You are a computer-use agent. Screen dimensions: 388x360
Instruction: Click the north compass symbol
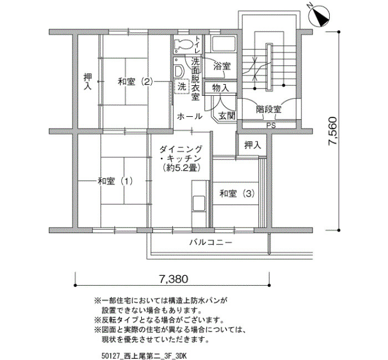pyautogui.click(x=319, y=16)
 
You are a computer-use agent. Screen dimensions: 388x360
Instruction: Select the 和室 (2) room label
pyautogui.click(x=135, y=81)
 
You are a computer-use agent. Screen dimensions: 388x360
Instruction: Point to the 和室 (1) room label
pyautogui.click(x=115, y=181)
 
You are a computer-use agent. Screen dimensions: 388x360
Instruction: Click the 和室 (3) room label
pyautogui.click(x=237, y=194)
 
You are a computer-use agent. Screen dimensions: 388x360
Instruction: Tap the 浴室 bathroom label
pyautogui.click(x=222, y=66)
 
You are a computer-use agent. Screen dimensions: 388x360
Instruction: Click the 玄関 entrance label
pyautogui.click(x=227, y=116)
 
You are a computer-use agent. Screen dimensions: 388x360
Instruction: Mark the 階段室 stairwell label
pyautogui.click(x=269, y=109)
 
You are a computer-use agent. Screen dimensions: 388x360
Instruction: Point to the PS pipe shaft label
pyautogui.click(x=271, y=126)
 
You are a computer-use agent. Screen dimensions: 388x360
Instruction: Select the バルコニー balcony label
pyautogui.click(x=211, y=242)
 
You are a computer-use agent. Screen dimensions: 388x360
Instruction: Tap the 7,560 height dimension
pyautogui.click(x=333, y=131)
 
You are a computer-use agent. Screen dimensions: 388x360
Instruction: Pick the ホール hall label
pyautogui.click(x=190, y=116)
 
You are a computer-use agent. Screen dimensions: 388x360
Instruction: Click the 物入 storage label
pyautogui.click(x=221, y=88)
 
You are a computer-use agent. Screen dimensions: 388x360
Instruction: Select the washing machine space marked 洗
pyautogui.click(x=181, y=86)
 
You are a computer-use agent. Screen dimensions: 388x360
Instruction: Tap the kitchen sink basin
pyautogui.click(x=199, y=203)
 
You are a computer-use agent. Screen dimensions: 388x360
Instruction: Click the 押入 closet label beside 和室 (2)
pyautogui.click(x=88, y=81)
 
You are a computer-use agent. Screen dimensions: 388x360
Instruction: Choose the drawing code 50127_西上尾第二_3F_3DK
pyautogui.click(x=144, y=356)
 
